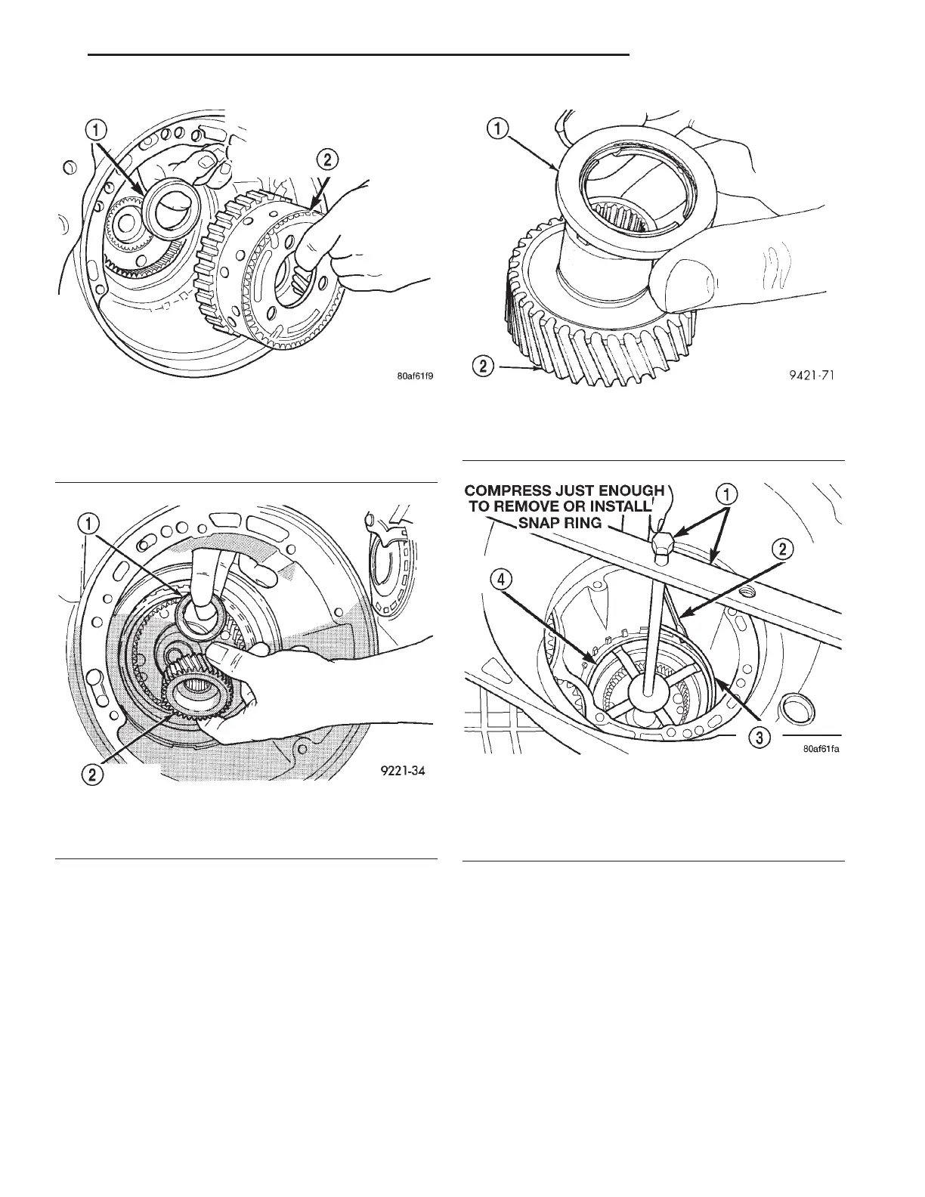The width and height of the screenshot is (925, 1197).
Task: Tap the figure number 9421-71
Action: pos(809,373)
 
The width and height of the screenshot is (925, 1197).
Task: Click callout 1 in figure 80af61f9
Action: pos(96,129)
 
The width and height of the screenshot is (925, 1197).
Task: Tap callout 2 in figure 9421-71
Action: pos(484,368)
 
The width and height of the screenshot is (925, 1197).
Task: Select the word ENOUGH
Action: pos(628,492)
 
